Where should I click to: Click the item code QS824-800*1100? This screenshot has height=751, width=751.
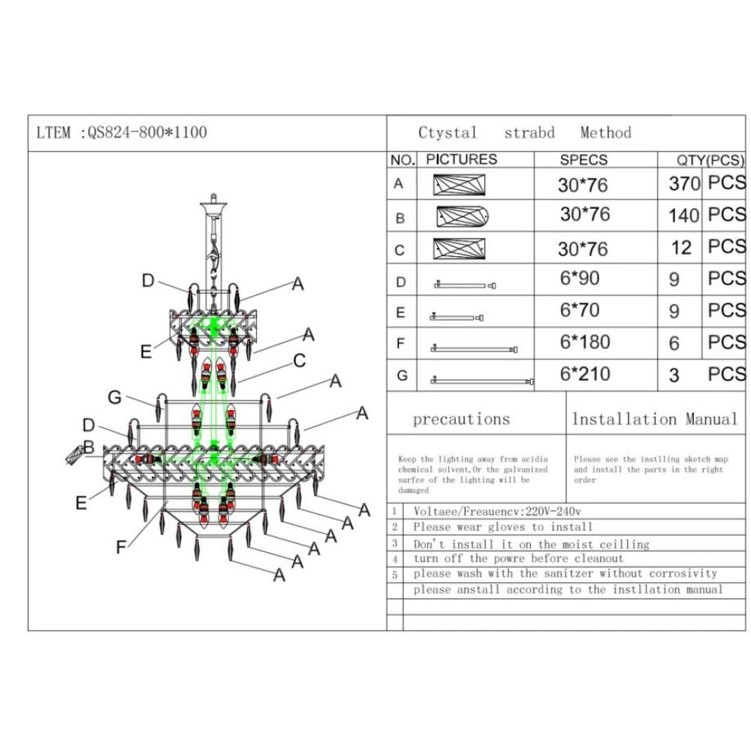pyautogui.click(x=147, y=133)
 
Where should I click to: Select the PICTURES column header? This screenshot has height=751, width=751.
pyautogui.click(x=461, y=159)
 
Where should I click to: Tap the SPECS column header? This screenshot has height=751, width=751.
pyautogui.click(x=584, y=160)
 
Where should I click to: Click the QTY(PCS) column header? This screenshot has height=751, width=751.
pyautogui.click(x=701, y=160)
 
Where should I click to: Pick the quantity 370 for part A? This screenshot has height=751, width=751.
pyautogui.click(x=684, y=184)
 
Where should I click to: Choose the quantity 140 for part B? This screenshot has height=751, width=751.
pyautogui.click(x=683, y=216)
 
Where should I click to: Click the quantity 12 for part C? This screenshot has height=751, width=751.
pyautogui.click(x=681, y=248)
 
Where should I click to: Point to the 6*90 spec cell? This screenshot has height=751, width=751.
pyautogui.click(x=580, y=279)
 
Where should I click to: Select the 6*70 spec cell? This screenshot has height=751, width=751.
pyautogui.click(x=580, y=310)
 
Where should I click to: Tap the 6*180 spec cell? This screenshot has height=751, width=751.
pyautogui.click(x=584, y=342)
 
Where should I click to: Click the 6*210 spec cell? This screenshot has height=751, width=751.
pyautogui.click(x=584, y=374)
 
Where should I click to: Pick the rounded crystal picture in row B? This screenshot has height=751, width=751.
pyautogui.click(x=463, y=217)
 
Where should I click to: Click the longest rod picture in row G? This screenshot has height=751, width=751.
pyautogui.click(x=481, y=382)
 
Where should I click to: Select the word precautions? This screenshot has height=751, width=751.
pyautogui.click(x=461, y=420)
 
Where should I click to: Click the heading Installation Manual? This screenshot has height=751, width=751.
pyautogui.click(x=655, y=419)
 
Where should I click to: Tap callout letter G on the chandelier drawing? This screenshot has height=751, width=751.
pyautogui.click(x=114, y=397)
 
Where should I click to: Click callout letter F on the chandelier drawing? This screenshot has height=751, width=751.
pyautogui.click(x=121, y=547)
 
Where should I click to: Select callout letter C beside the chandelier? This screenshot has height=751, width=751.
pyautogui.click(x=299, y=361)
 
